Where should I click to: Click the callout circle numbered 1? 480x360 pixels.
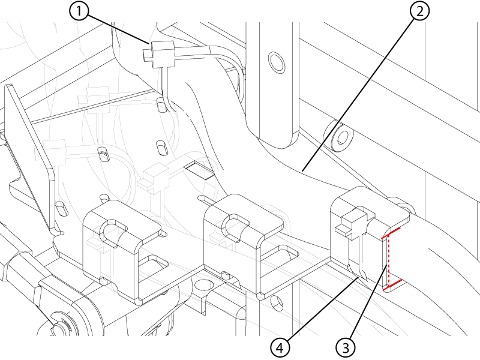[79, 11]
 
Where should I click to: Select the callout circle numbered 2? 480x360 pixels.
[419, 11]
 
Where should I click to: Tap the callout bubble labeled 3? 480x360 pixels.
[346, 348]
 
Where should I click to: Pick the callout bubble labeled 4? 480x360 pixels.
[280, 348]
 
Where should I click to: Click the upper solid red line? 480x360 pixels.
[391, 233]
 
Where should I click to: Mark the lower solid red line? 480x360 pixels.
[393, 284]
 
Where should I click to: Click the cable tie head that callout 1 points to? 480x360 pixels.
[159, 53]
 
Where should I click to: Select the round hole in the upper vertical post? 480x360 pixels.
[277, 62]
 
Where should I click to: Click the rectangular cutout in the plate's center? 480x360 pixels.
[200, 170]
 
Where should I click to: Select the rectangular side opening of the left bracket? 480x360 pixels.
[153, 266]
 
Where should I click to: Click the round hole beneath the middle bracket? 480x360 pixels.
[204, 284]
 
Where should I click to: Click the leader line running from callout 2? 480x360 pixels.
[358, 94]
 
